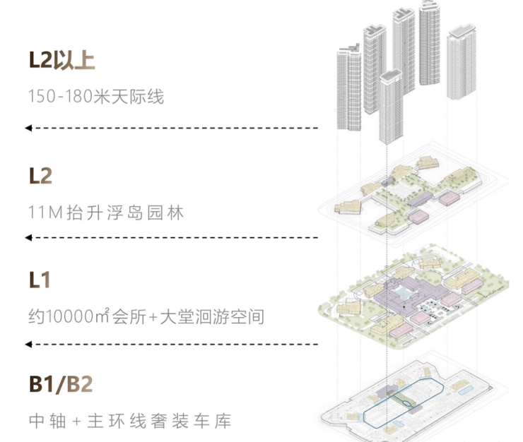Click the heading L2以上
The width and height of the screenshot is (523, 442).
coord(61,61)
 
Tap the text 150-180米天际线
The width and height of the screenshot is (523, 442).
coord(96,97)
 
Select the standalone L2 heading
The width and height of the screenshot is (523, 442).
coord(40,176)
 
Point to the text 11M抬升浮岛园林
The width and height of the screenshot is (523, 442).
coord(106,213)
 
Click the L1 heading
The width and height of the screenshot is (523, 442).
coord(40,280)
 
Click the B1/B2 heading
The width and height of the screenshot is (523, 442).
coord(61,385)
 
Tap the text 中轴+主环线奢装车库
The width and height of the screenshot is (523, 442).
coord(130,422)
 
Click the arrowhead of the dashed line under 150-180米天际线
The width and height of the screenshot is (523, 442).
coord(28,128)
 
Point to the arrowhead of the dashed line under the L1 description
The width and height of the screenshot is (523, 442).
coord(28,344)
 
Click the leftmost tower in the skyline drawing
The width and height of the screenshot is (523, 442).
coord(349,88)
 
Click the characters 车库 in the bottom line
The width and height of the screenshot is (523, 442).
coord(213,422)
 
